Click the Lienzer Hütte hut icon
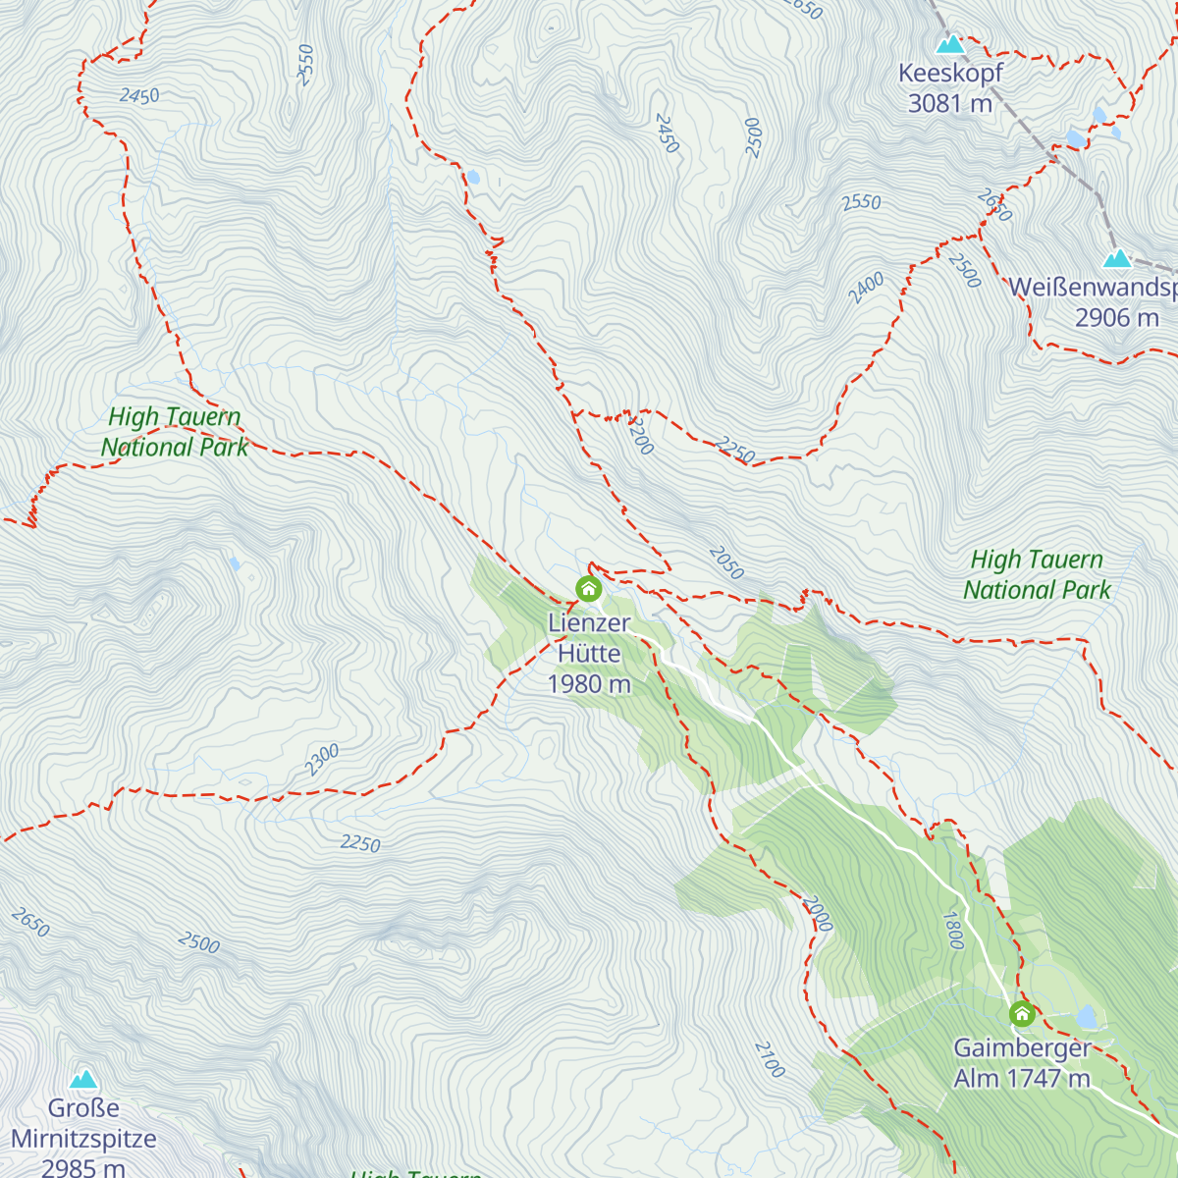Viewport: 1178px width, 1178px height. (x=588, y=589)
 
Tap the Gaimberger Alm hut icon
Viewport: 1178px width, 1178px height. (x=1022, y=1013)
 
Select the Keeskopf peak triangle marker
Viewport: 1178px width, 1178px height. (x=949, y=44)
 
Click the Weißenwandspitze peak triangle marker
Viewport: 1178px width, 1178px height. (x=1117, y=259)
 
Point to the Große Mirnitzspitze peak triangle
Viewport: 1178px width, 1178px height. (x=83, y=1080)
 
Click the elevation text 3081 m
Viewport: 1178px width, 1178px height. (x=949, y=103)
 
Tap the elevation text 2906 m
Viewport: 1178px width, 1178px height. (x=1116, y=318)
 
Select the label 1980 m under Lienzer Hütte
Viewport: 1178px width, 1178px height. (x=588, y=684)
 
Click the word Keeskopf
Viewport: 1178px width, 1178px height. (x=950, y=73)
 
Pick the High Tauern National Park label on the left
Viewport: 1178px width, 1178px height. (x=175, y=432)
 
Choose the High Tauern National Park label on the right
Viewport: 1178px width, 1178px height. (x=1037, y=575)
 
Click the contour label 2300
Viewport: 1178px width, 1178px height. (x=321, y=760)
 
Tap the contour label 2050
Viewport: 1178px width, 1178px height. (x=725, y=563)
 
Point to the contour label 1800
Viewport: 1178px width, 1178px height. (x=952, y=930)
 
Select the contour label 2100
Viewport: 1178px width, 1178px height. (x=771, y=1059)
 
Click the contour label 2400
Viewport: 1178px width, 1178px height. (x=866, y=288)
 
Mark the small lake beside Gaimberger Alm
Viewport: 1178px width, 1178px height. (x=1086, y=1015)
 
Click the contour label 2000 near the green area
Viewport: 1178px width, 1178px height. (x=817, y=913)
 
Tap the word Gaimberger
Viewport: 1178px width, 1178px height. (x=1022, y=1047)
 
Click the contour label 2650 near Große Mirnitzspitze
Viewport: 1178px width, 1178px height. (x=30, y=923)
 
